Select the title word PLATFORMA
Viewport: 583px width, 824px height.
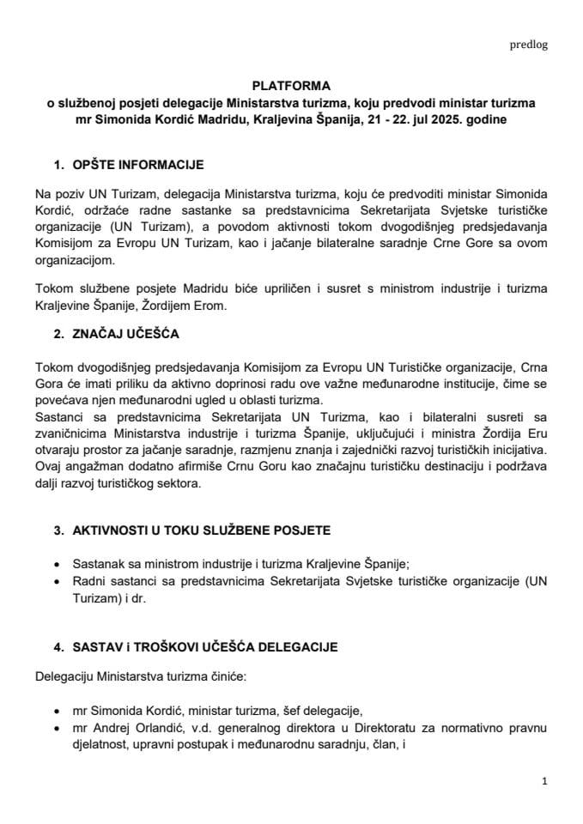pos(291,87)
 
